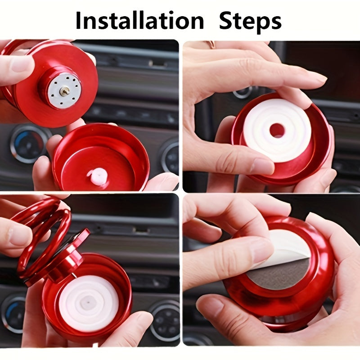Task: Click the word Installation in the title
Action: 139,21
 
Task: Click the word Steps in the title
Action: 250,21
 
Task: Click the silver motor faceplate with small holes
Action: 64,91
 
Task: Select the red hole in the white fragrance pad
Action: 277,130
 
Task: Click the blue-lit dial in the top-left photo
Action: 29,143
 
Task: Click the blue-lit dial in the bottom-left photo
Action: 13,313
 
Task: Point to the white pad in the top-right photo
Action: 277,130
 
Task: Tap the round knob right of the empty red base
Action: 170,156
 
